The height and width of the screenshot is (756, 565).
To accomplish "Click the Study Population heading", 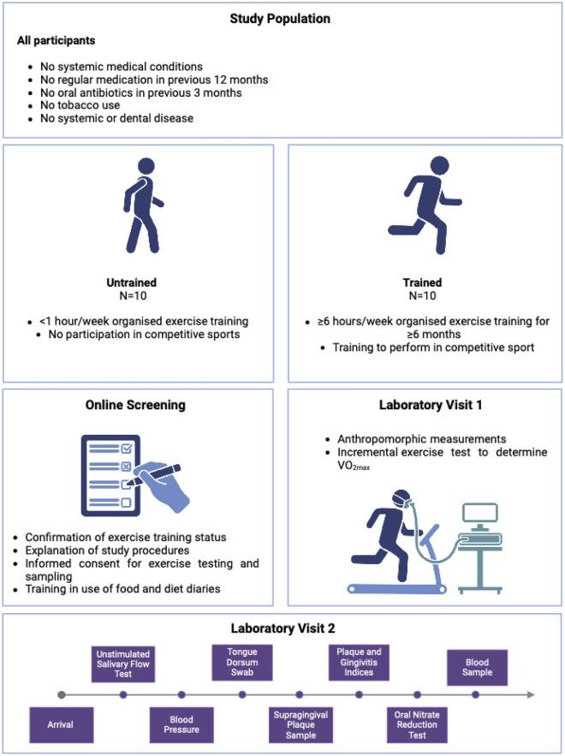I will pyautogui.click(x=282, y=18).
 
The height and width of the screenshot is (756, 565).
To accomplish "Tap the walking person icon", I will pyautogui.click(x=142, y=205).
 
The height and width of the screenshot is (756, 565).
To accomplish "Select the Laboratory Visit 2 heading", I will pyautogui.click(x=282, y=628).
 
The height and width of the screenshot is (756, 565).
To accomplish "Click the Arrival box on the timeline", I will pyautogui.click(x=60, y=724).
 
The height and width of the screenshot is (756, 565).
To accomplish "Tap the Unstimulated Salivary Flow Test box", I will pyautogui.click(x=124, y=664).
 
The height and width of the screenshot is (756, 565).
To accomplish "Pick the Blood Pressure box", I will pyautogui.click(x=181, y=724).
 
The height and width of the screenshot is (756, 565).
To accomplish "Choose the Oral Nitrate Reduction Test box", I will pyautogui.click(x=417, y=724).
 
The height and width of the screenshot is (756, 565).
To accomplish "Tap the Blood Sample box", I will pyautogui.click(x=476, y=667).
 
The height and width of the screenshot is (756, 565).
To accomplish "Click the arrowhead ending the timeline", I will pyautogui.click(x=532, y=694).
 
